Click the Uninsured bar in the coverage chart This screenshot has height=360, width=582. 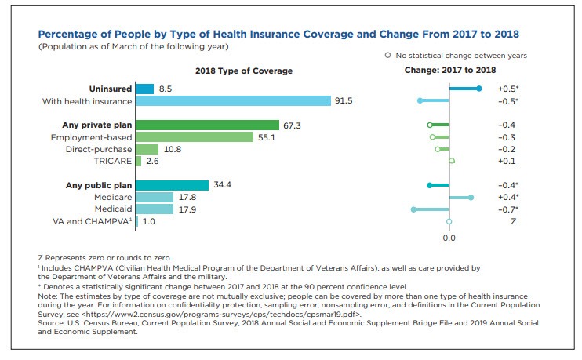pos(144,89)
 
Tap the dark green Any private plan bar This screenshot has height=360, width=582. pos(207,125)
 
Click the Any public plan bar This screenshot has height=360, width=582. pos(172,185)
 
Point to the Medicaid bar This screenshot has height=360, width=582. pos(155,209)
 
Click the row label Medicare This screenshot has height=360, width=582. pos(112,198)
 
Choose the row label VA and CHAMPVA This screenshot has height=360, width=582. pos(91,222)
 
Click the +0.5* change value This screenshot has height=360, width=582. pos(508,89)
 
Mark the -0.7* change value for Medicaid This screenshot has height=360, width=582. pos(508,209)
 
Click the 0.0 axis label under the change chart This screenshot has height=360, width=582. pos(449,237)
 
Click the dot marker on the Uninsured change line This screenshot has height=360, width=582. pos(478,89)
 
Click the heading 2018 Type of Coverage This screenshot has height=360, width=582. pos(244,71)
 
